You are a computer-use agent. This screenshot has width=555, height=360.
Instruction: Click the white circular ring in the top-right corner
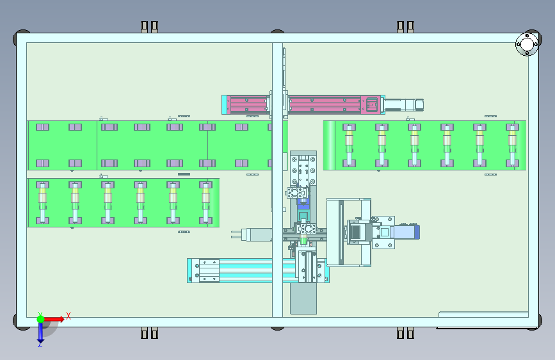(x=526, y=44)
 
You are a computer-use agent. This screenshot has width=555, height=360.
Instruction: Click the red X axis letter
(x=68, y=316)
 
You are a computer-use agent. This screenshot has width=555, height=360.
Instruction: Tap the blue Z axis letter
(x=40, y=344)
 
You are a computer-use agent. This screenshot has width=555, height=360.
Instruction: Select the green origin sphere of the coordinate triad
(x=40, y=318)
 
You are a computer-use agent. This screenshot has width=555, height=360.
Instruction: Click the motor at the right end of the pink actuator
(x=404, y=104)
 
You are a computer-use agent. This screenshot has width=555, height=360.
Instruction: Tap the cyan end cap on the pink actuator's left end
(x=225, y=104)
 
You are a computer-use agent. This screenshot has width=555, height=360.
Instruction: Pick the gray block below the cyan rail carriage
(x=303, y=299)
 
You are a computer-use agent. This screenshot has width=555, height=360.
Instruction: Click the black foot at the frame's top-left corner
(x=21, y=37)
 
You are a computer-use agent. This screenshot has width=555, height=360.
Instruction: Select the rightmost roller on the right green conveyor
(x=511, y=145)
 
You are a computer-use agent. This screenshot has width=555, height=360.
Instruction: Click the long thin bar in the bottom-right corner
(x=483, y=314)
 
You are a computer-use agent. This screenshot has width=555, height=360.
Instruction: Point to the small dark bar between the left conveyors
(x=184, y=174)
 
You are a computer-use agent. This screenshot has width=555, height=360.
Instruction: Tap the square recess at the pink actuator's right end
(x=371, y=104)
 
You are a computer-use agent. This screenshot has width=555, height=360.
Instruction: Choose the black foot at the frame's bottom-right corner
(x=533, y=325)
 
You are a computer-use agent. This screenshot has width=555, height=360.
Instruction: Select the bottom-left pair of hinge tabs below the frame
(x=149, y=333)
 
